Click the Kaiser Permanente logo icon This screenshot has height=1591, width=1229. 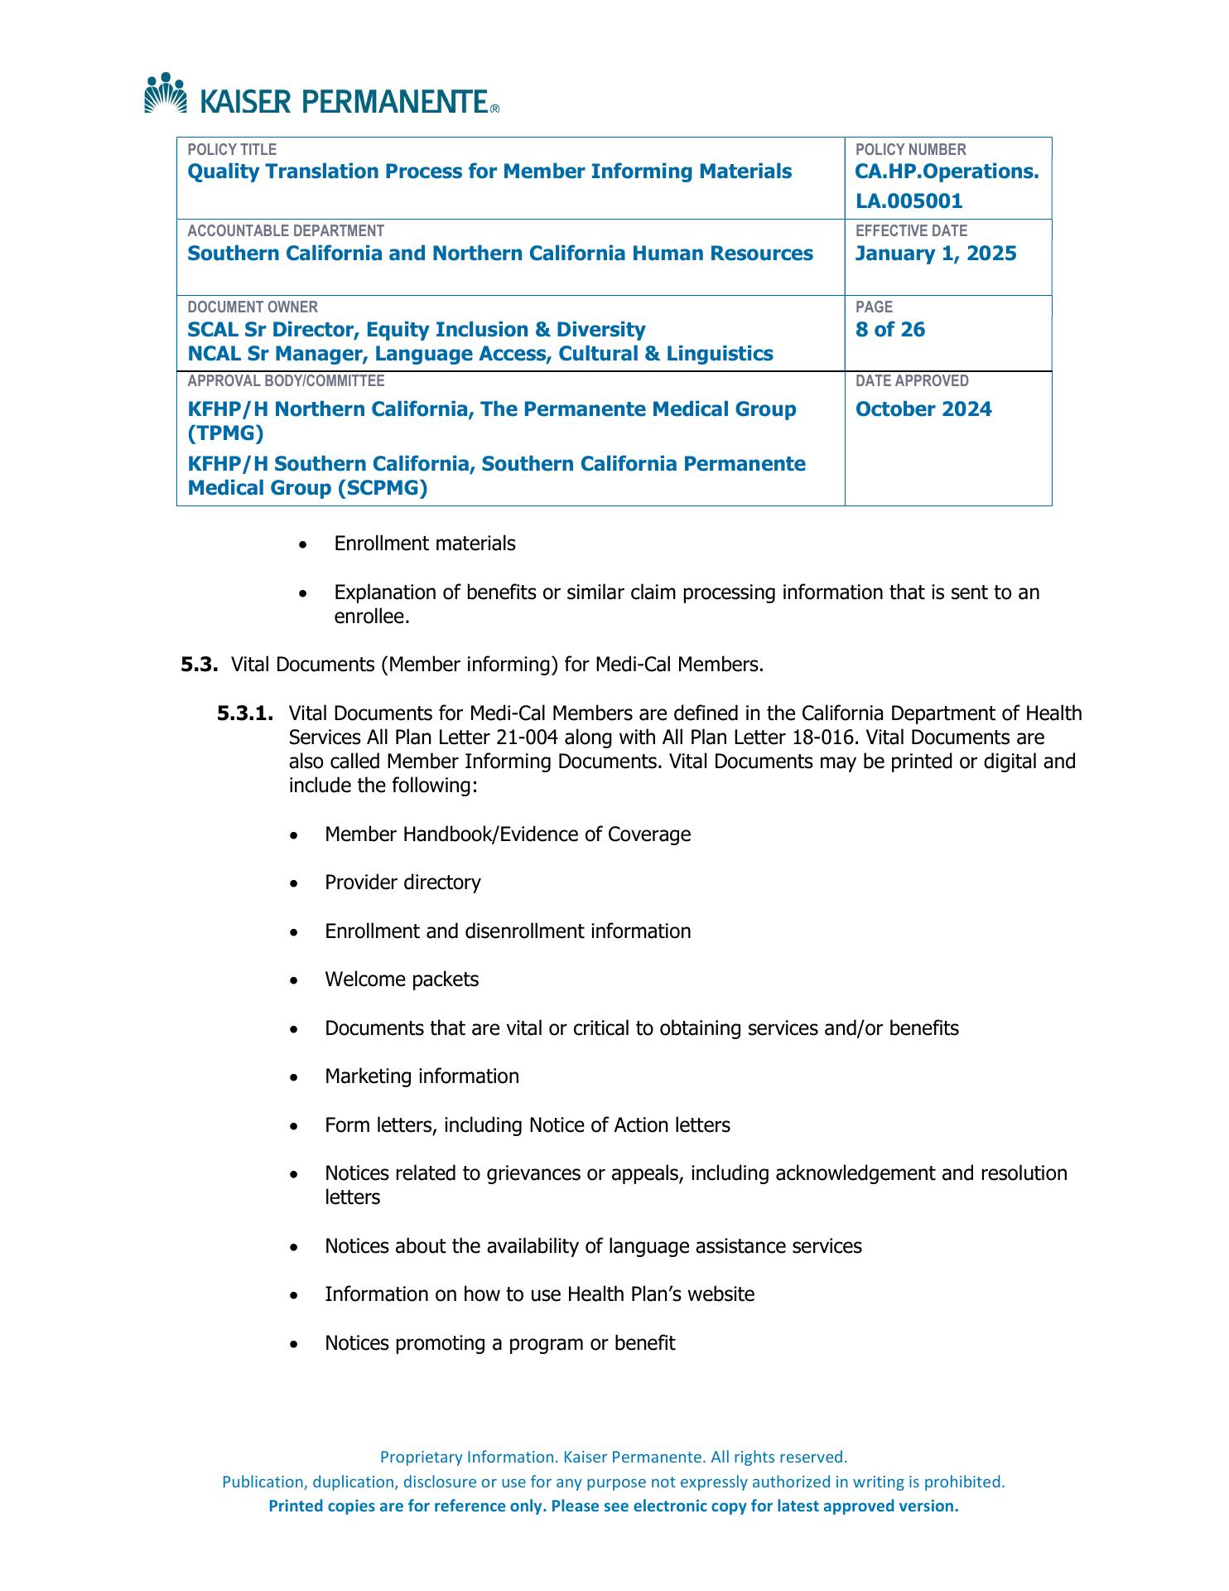[166, 93]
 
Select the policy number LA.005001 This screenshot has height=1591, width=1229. [908, 201]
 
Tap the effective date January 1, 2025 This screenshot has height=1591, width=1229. [935, 254]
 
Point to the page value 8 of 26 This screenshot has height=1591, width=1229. [889, 330]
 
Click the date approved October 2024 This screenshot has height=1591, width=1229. [923, 409]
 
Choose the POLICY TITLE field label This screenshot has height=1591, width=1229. [232, 150]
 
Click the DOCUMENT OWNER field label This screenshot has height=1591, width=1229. [252, 307]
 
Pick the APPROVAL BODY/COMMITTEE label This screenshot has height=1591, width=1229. [286, 381]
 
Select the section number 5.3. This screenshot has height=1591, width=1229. [199, 665]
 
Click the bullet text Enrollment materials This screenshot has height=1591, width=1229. [424, 544]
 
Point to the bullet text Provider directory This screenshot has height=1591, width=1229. [402, 883]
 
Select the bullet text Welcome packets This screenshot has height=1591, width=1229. [402, 979]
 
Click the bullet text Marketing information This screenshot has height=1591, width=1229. [422, 1076]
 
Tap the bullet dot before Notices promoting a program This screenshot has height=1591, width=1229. [296, 1344]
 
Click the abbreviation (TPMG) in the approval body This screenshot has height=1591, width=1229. [225, 433]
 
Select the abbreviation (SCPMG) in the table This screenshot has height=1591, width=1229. [382, 488]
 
